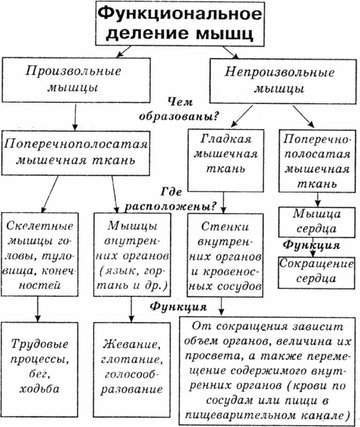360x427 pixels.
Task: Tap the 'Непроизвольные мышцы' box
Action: pos(280,81)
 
